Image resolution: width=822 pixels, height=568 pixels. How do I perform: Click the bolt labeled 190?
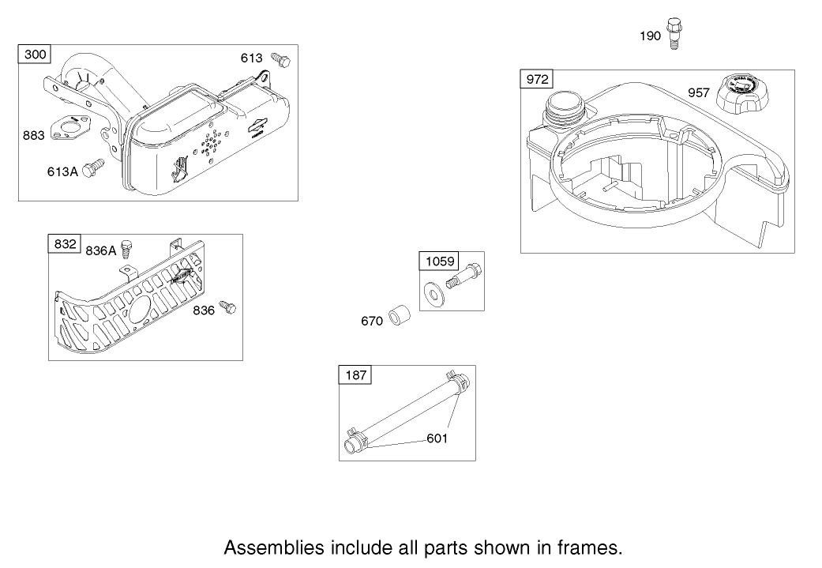pos(674,34)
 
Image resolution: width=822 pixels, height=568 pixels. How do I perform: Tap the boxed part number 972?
pos(537,79)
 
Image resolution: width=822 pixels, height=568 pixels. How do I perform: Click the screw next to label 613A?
pos(94,167)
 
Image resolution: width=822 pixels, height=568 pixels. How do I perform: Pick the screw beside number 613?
pos(280,59)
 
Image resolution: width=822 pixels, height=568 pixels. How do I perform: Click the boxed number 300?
pos(35,54)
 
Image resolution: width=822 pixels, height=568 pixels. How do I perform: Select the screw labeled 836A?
pos(126,249)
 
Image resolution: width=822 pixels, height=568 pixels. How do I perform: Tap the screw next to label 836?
pos(227,307)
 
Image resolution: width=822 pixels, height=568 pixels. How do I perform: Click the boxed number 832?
pos(65,244)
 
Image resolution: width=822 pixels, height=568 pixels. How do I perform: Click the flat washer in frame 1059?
pos(434,294)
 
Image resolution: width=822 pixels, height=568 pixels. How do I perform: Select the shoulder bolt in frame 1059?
pos(464,275)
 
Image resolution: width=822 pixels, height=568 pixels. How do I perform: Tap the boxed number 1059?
pos(441,261)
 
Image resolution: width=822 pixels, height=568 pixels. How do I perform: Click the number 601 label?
pos(437,438)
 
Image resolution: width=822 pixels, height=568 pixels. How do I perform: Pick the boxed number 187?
pos(356,375)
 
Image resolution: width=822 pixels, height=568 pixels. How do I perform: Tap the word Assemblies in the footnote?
pos(274,548)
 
